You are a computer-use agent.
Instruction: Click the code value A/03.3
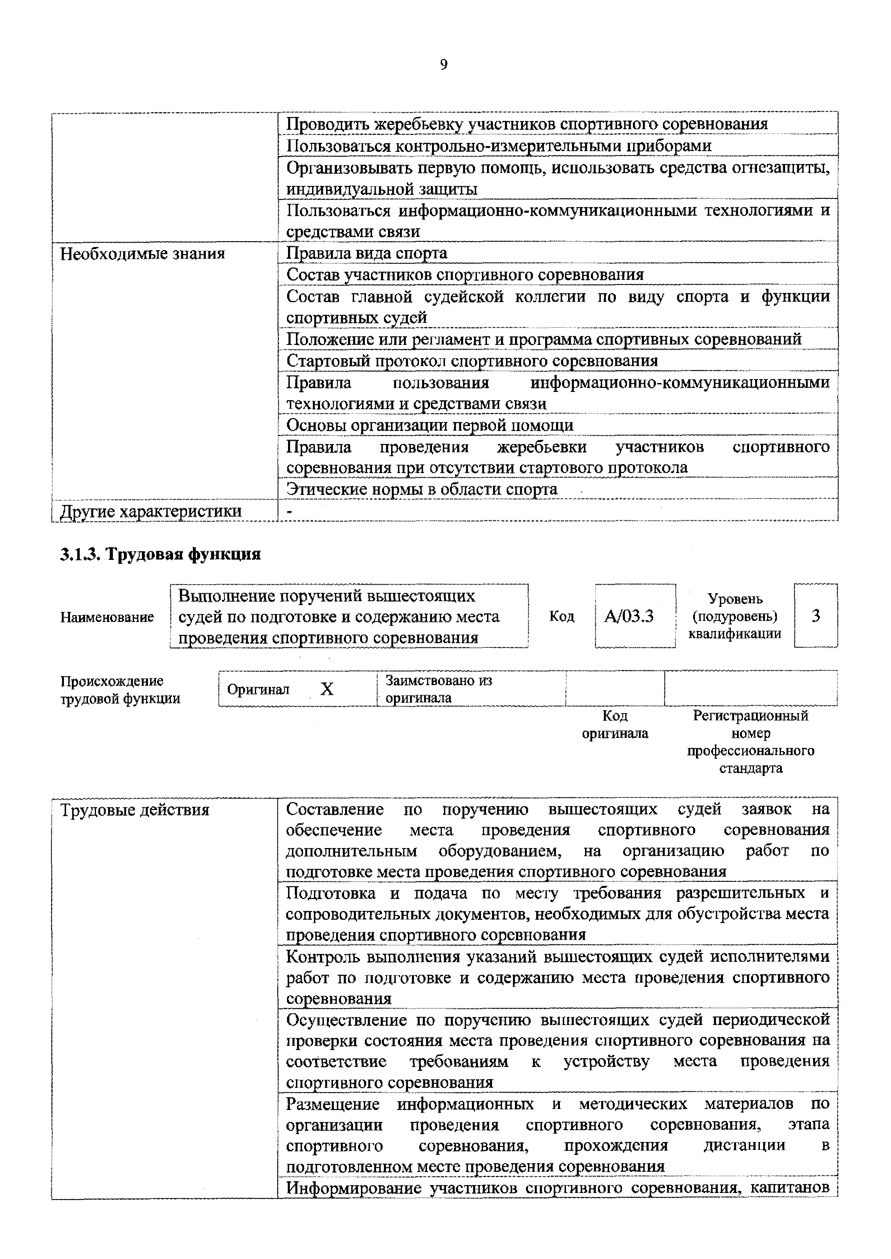[629, 616]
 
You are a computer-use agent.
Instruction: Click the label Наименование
[107, 617]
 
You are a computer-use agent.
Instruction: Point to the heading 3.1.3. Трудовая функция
[160, 554]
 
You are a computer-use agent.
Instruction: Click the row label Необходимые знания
[143, 254]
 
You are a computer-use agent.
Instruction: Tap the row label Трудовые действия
[135, 810]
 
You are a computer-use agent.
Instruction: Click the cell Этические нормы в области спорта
[421, 489]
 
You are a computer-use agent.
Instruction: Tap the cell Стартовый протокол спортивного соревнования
[472, 361]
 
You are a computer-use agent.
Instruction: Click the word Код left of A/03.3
[561, 616]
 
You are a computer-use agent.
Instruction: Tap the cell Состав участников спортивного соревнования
[465, 274]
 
